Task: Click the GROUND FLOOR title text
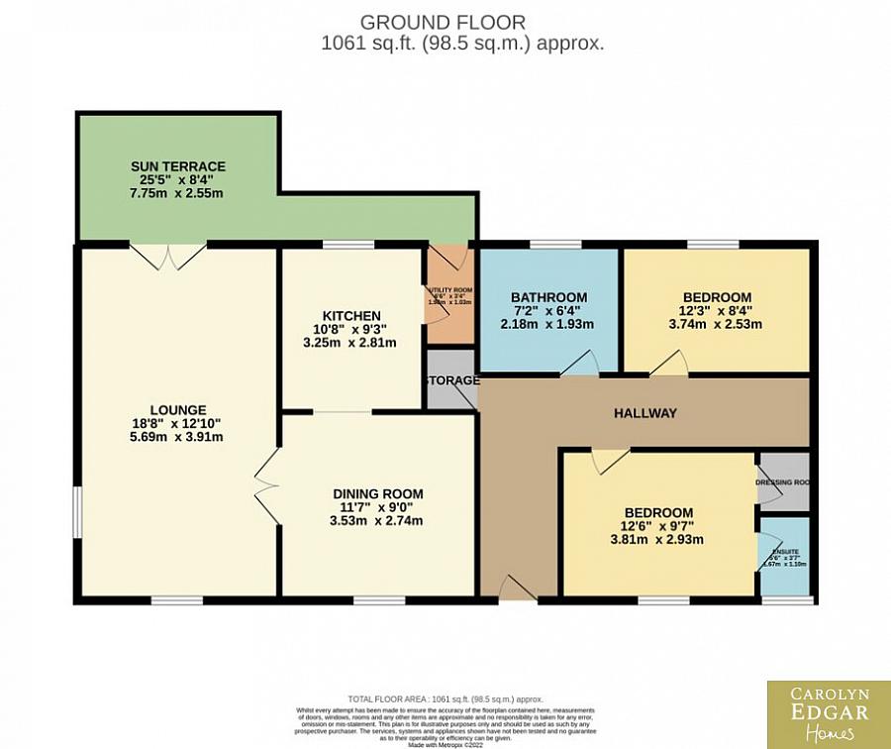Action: pos(443,22)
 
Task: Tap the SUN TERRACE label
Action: pos(178,166)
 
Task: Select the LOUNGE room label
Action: pos(178,409)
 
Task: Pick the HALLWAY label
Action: pos(644,413)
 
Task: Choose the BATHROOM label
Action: pos(548,297)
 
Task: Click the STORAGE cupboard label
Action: pos(451,380)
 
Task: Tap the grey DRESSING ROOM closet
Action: pos(783,482)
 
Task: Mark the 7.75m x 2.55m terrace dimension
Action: pos(178,193)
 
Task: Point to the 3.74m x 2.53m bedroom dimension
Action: pos(716,324)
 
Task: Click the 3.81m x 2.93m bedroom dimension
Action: pos(658,540)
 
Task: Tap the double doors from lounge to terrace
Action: pos(169,256)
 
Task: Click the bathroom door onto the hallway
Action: pos(579,366)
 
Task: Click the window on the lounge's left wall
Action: pos(77,512)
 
